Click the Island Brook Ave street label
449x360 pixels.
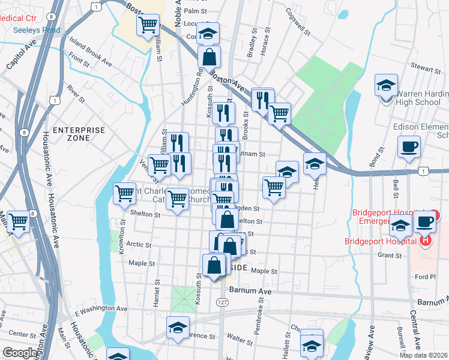91,52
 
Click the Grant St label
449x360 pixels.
390,256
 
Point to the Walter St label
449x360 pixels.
240,340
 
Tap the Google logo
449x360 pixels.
21,353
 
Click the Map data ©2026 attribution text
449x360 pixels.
424,355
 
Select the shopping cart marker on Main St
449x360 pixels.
19,221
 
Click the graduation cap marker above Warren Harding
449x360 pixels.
387,85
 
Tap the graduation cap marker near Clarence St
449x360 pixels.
177,327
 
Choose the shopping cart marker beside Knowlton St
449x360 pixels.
124,193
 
